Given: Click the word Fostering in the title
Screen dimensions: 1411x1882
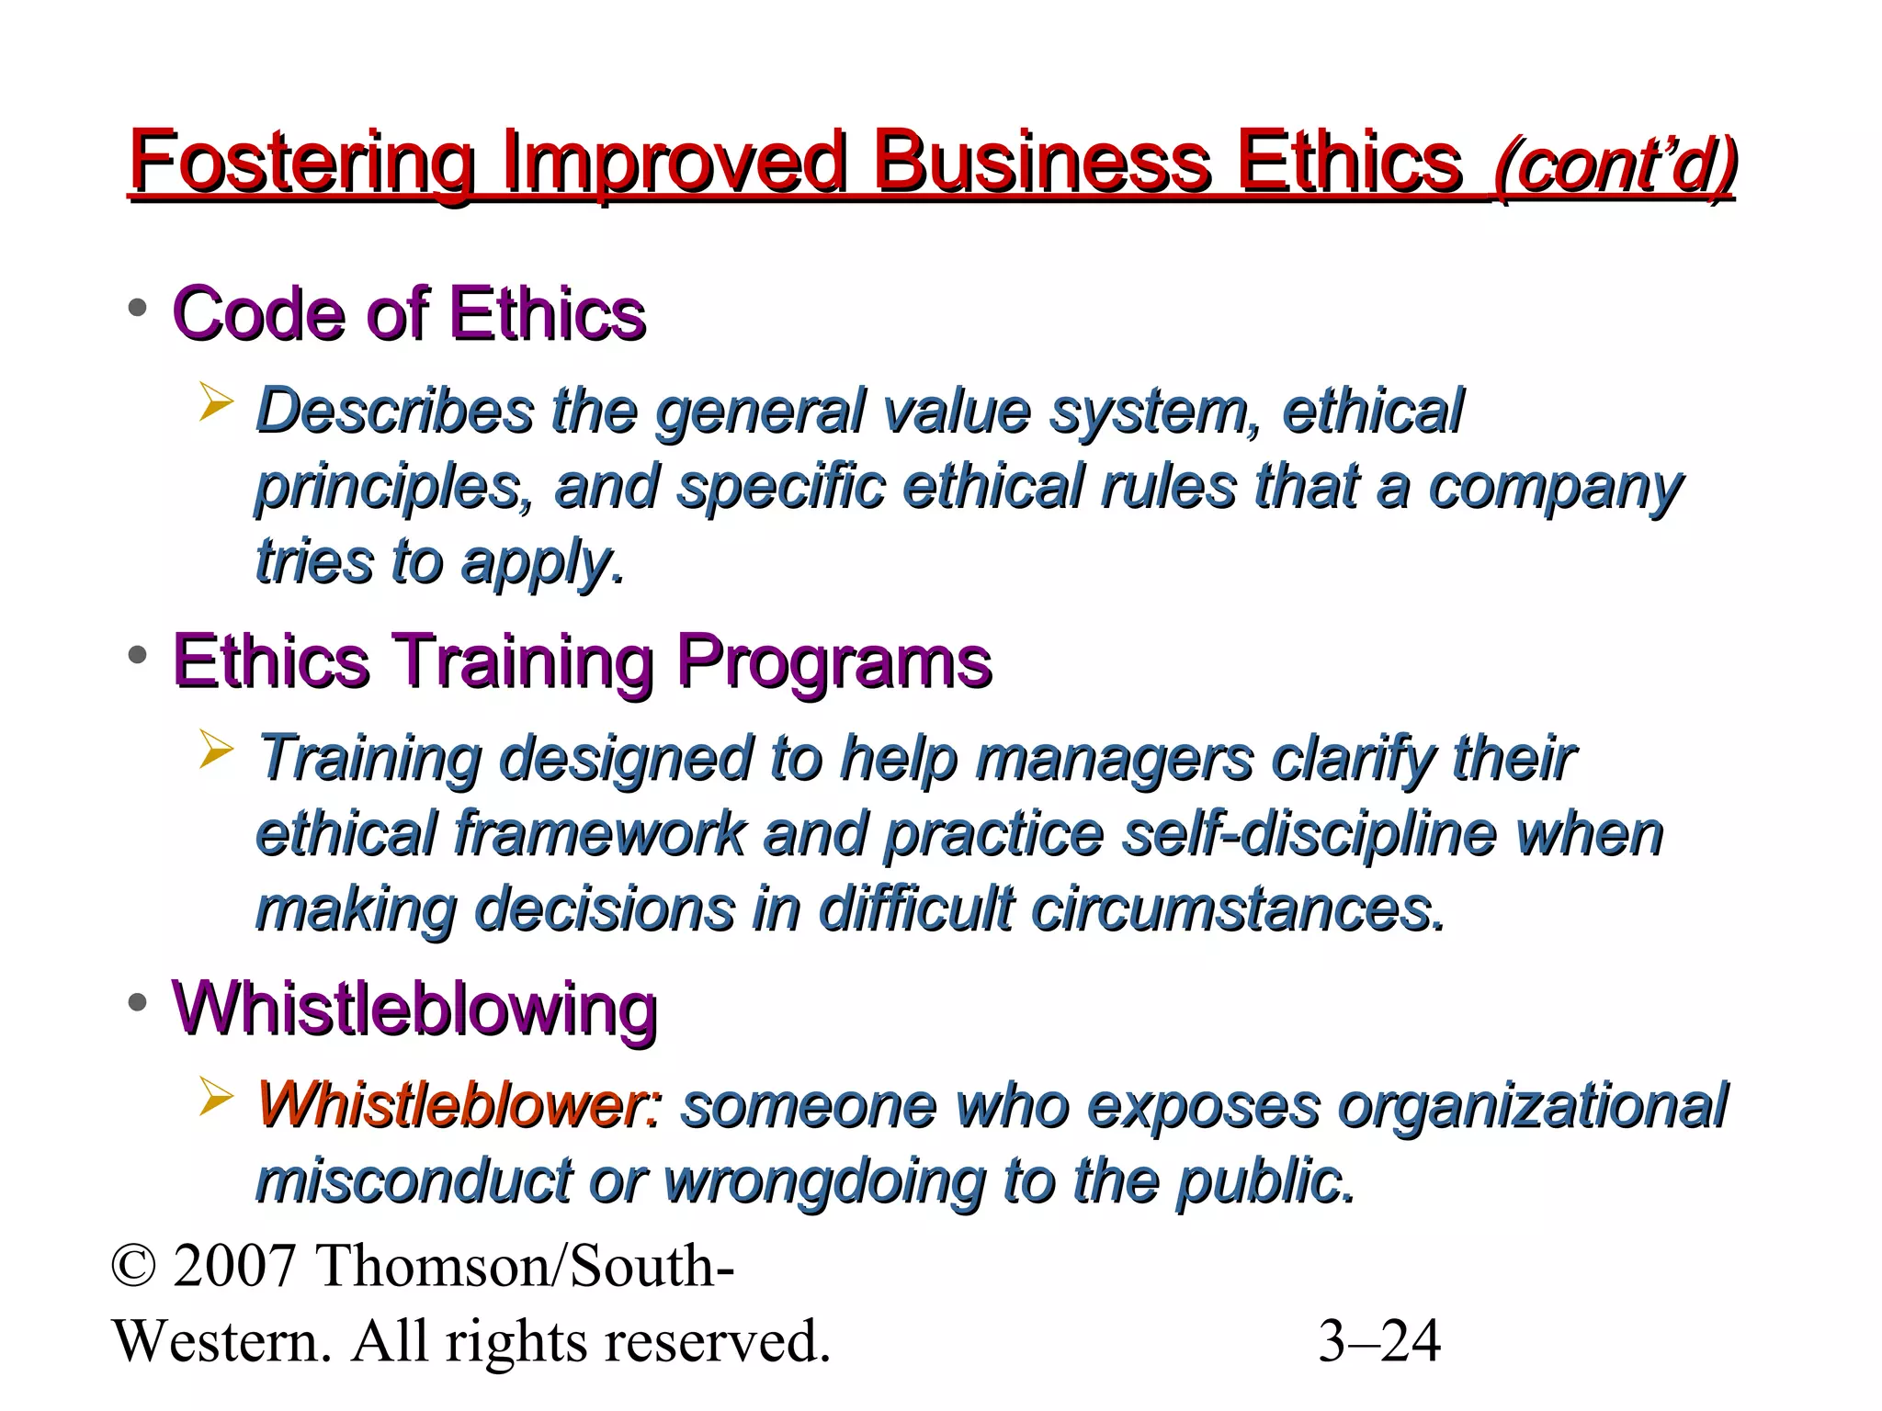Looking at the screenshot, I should pyautogui.click(x=301, y=163).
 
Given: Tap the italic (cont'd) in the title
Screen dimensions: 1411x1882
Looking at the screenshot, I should pyautogui.click(x=1615, y=166).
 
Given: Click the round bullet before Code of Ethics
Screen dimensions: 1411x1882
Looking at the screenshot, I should pyautogui.click(x=138, y=308).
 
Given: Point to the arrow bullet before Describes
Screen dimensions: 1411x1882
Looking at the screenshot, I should pyautogui.click(x=216, y=403).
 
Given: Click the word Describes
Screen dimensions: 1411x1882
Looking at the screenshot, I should pyautogui.click(x=394, y=411).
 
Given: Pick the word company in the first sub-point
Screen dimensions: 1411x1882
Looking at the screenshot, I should pyautogui.click(x=1555, y=488).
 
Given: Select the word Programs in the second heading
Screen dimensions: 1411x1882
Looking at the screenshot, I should pyautogui.click(x=834, y=661).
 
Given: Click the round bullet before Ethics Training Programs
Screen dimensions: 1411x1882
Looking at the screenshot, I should pyautogui.click(x=138, y=656).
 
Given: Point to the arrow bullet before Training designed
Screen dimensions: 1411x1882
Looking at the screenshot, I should pyautogui.click(x=216, y=751).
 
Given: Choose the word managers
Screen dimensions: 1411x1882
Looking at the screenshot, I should pyautogui.click(x=1114, y=759).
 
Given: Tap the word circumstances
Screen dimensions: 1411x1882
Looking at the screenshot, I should pyautogui.click(x=1238, y=909).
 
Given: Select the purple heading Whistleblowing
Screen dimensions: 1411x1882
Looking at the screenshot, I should pyautogui.click(x=414, y=1009).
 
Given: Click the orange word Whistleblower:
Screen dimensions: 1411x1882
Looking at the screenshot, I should pyautogui.click(x=459, y=1105).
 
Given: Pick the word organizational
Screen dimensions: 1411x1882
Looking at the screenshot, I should pyautogui.click(x=1533, y=1107).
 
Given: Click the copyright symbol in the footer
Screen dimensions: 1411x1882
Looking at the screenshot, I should pyautogui.click(x=133, y=1267).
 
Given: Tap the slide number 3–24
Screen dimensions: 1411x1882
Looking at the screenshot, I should pyautogui.click(x=1379, y=1341).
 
